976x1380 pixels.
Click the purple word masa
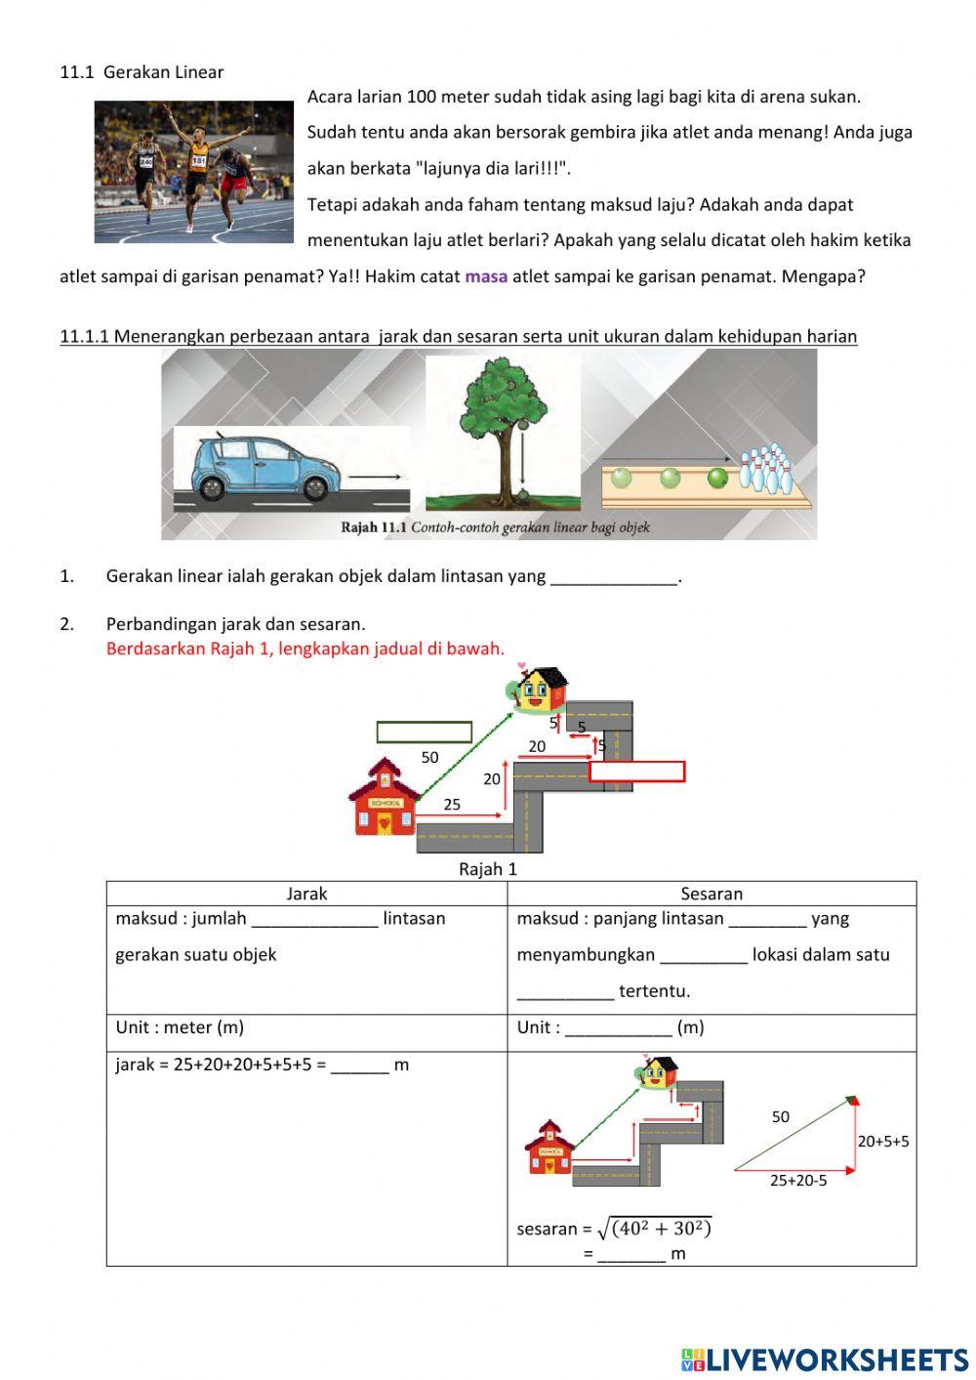(x=486, y=276)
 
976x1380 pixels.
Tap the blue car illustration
(x=256, y=469)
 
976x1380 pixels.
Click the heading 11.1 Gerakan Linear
(x=142, y=72)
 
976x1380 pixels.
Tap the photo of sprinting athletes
(x=193, y=172)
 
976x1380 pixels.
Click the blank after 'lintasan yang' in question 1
(x=614, y=576)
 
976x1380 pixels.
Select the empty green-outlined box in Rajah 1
(x=424, y=732)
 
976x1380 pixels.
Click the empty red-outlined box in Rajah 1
(x=636, y=772)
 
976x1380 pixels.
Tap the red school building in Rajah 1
(x=383, y=799)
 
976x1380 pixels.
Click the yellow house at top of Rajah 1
(x=539, y=690)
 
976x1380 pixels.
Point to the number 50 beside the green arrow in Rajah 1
(x=429, y=757)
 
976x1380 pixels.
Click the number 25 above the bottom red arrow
(x=452, y=805)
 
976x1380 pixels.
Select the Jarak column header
(x=306, y=894)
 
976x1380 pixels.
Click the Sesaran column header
(x=712, y=894)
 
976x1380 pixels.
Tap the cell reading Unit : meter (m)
(x=180, y=1027)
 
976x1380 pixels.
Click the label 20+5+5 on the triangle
(x=883, y=1141)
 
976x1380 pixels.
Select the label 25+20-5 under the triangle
(x=797, y=1180)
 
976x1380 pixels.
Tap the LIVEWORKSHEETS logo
(x=824, y=1359)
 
